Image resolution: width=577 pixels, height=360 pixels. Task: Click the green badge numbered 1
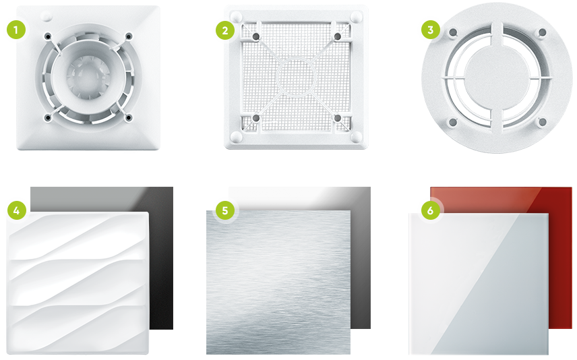coord(16,30)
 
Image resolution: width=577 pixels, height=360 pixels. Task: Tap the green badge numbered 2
coord(225,30)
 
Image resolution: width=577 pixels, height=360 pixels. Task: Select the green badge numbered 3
coord(431,30)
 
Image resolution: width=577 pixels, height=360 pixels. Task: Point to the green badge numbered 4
coord(17,210)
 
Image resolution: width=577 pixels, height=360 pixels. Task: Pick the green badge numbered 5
coord(225,210)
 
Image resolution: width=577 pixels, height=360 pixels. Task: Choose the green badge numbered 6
coord(431,210)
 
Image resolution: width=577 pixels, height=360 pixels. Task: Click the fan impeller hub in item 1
coord(88,77)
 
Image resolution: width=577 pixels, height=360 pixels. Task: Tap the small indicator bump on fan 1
coord(47,16)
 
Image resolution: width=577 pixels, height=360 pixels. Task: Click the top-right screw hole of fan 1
coord(129,36)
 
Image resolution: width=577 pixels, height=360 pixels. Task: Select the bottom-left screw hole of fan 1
coord(48,118)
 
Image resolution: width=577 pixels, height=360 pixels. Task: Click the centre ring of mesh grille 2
coord(296,77)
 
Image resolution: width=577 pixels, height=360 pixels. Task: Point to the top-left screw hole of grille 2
coord(256,36)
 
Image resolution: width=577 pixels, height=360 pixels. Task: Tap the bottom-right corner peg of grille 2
coord(356,137)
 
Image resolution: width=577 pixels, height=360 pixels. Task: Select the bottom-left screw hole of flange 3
coord(453,122)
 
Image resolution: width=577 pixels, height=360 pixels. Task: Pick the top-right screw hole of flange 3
coord(542,32)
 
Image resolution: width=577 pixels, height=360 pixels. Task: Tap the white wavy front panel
coord(78,282)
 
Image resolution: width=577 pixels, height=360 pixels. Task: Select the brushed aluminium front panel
coord(278,282)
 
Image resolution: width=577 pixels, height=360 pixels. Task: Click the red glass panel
coord(560,258)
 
